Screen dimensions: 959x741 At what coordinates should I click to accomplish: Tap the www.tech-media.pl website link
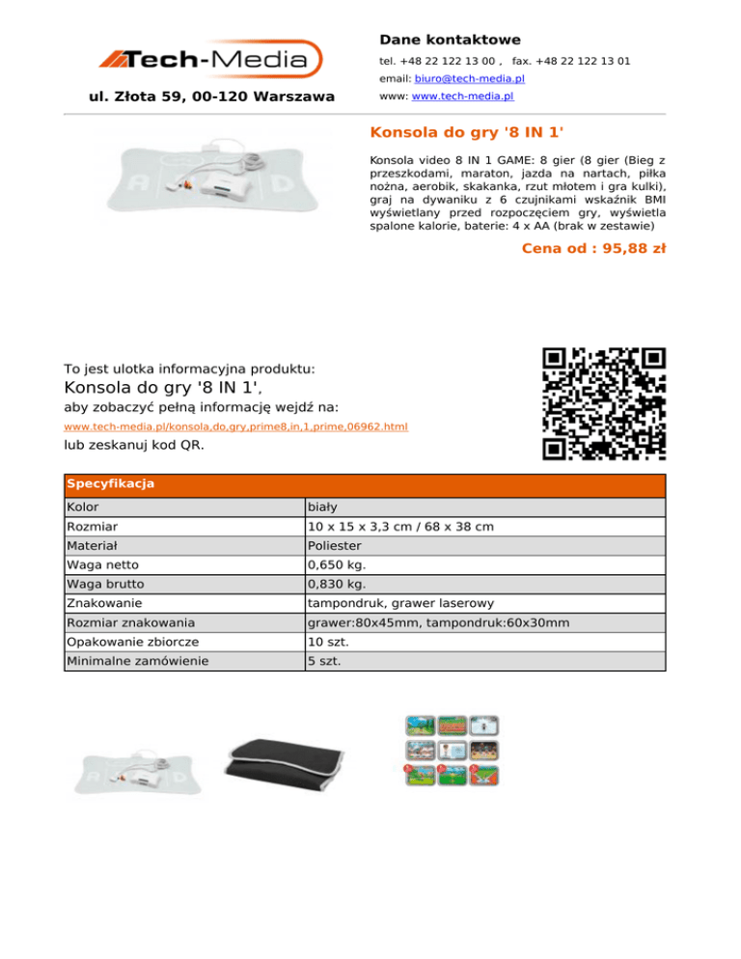coord(462,97)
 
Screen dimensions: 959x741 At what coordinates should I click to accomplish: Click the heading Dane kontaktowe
coord(450,40)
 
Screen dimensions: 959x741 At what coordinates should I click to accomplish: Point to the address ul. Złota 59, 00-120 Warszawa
coord(211,96)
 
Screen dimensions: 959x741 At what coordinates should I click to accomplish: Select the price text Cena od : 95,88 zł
coord(592,249)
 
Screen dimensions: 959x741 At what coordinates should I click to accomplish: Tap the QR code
coord(604,403)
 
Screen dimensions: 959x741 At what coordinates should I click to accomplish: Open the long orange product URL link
coord(235,425)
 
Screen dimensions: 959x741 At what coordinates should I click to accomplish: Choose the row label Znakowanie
coord(104,603)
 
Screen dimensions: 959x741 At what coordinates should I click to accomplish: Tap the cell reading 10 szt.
coord(327,642)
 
